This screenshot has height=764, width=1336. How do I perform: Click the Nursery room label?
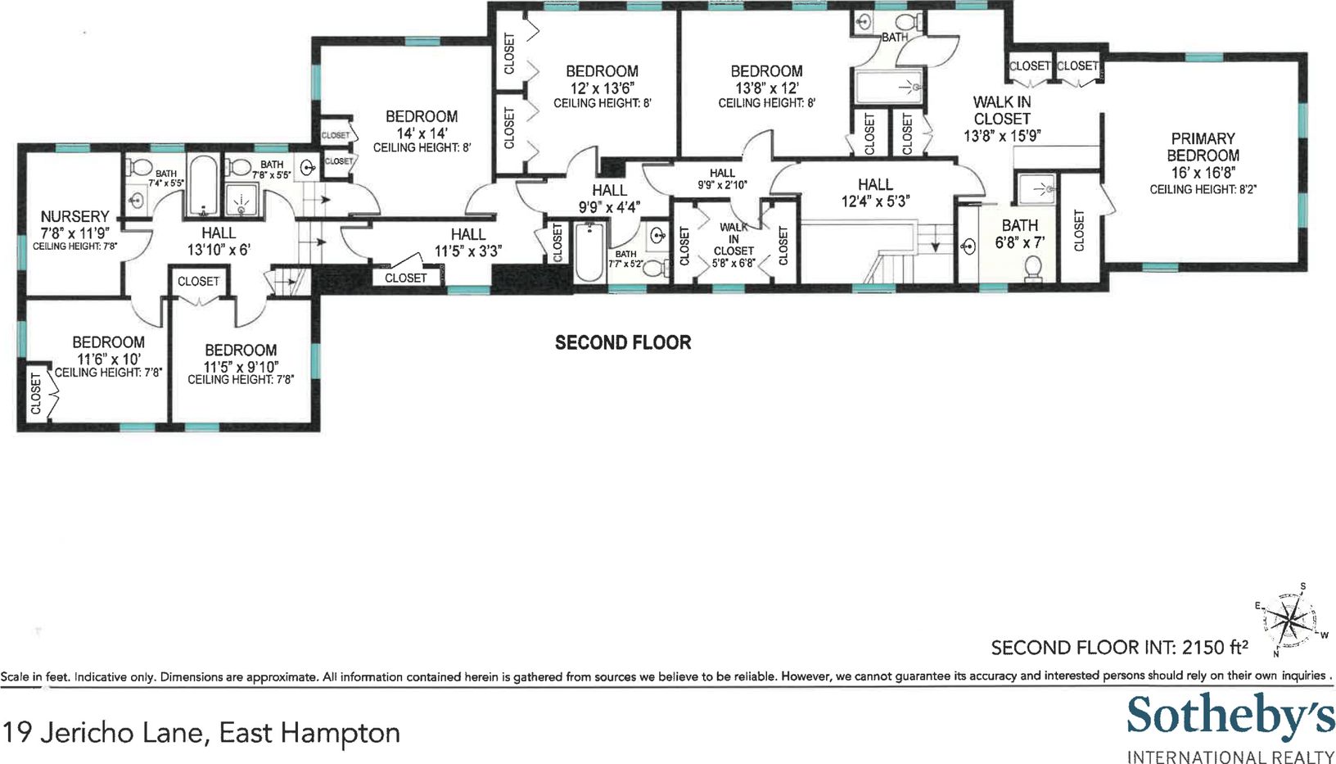tap(74, 216)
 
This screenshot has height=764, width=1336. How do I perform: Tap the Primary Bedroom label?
tap(1203, 147)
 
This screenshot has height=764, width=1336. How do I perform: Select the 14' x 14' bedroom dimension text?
tap(422, 133)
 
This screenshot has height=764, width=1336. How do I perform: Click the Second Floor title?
tap(623, 342)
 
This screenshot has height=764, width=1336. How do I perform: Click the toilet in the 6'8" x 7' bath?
tap(1033, 269)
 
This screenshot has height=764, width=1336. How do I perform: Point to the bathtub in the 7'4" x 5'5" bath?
tap(202, 186)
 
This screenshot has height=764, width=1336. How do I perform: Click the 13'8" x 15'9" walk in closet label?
tap(1002, 119)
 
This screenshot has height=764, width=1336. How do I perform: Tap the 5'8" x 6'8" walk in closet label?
tap(733, 245)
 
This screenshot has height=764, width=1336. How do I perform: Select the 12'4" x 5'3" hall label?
tap(876, 192)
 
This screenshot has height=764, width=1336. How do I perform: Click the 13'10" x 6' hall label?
tap(219, 241)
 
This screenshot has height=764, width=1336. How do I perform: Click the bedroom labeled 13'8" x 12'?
tap(766, 87)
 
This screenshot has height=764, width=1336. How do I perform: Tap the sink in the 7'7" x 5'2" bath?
tap(658, 236)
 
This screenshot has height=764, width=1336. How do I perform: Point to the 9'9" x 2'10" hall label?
tap(722, 179)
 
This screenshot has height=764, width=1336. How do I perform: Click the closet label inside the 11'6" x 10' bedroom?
tap(36, 394)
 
